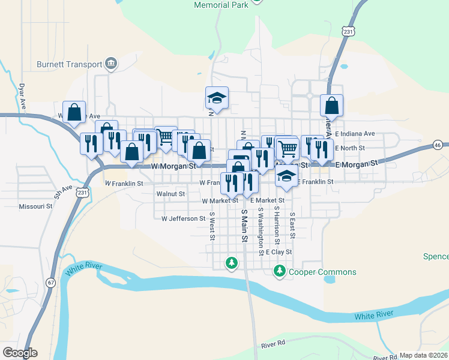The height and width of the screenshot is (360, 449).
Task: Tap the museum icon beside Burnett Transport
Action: click(111, 63)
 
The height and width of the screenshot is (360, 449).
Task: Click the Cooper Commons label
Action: click(322, 272)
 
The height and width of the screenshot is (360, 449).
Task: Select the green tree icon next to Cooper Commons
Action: click(279, 272)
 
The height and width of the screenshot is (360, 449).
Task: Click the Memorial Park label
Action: click(221, 5)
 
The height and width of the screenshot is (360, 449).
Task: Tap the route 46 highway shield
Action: click(438, 145)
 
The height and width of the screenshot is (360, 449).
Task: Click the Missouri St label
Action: click(35, 206)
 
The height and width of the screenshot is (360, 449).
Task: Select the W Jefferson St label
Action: click(184, 219)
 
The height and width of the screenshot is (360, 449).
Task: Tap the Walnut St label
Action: click(170, 194)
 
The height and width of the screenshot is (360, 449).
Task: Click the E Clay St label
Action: click(278, 252)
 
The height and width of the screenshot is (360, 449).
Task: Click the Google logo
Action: click(20, 353)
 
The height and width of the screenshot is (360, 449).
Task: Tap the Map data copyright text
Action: click(423, 355)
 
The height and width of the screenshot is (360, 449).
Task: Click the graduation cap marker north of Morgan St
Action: click(217, 98)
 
